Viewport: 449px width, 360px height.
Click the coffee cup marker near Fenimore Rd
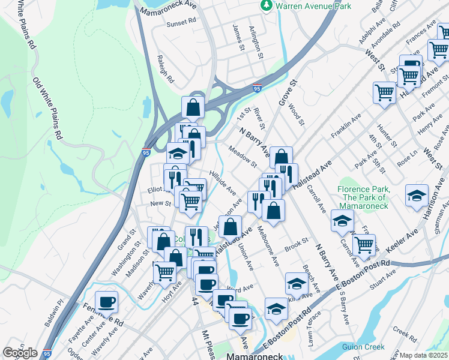[107, 301]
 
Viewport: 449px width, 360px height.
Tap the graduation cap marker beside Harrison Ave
[417, 196]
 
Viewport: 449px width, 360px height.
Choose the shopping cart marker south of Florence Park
[363, 244]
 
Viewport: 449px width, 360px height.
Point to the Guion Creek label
[363, 346]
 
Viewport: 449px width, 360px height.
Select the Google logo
[20, 353]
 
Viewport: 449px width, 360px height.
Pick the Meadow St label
[241, 156]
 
